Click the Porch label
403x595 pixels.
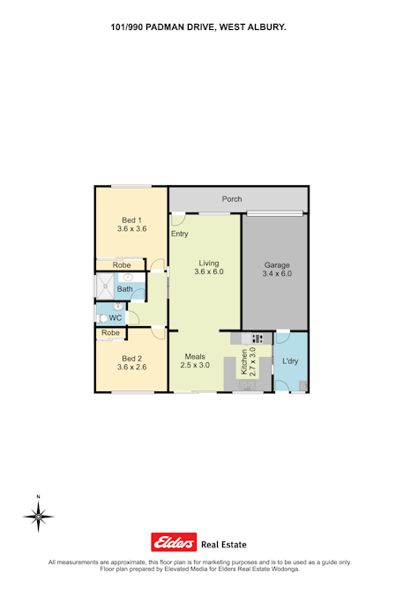tap(232, 199)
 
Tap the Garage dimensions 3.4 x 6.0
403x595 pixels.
tap(277, 273)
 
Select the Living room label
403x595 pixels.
tap(209, 263)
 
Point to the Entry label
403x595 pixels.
tap(180, 234)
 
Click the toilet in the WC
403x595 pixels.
tap(101, 318)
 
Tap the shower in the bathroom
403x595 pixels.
tap(104, 286)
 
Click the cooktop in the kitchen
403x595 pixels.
tap(257, 338)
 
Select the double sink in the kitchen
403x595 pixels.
tap(248, 385)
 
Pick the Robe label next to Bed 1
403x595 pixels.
tap(122, 265)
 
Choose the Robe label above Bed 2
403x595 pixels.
tap(110, 333)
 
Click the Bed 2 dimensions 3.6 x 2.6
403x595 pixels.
tap(131, 367)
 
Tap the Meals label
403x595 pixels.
tap(195, 357)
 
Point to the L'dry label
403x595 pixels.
tap(290, 361)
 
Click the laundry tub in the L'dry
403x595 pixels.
tap(303, 386)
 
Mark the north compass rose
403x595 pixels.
tap(38, 516)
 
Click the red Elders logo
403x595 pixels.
tap(174, 542)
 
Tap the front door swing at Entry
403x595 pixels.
tap(178, 220)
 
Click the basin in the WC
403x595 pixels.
tap(118, 306)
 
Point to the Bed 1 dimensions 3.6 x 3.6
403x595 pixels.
tap(131, 229)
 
